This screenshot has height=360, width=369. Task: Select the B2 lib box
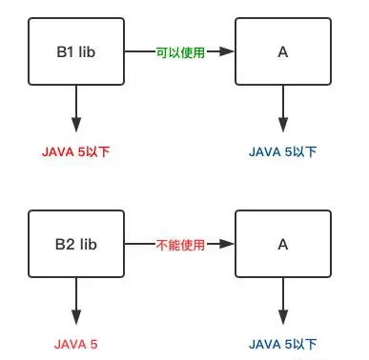point(75,244)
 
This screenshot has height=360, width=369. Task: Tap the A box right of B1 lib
point(282,52)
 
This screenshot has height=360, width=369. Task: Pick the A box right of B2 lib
point(282,244)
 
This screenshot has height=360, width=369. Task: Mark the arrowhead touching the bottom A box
point(226,245)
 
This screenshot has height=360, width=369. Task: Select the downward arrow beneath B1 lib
point(75,110)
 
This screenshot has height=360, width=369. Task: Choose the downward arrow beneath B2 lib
point(75,300)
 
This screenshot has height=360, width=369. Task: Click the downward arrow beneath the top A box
point(282,110)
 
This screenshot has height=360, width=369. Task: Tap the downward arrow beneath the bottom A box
point(282,300)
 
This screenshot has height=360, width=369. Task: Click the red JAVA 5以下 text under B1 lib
point(75,151)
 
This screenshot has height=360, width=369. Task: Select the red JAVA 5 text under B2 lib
point(75,343)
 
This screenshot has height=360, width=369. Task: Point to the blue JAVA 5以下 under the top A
point(282,151)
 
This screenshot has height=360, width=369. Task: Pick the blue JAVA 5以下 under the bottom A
point(282,343)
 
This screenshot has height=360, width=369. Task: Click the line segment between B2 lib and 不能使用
point(139,245)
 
